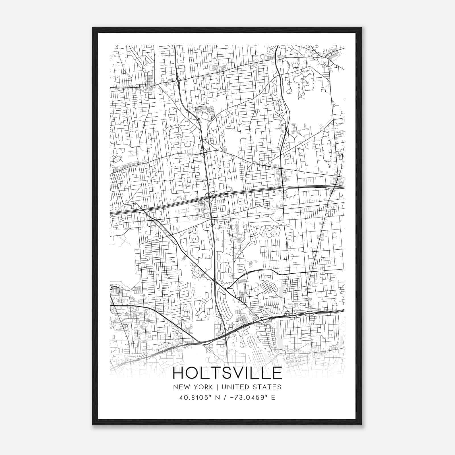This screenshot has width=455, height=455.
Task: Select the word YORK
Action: pyautogui.click(x=202, y=387)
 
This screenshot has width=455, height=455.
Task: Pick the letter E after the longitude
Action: pyautogui.click(x=273, y=398)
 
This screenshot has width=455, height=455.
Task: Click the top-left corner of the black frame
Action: pyautogui.click(x=93, y=28)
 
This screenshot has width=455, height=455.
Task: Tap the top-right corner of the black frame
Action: pyautogui.click(x=361, y=28)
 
